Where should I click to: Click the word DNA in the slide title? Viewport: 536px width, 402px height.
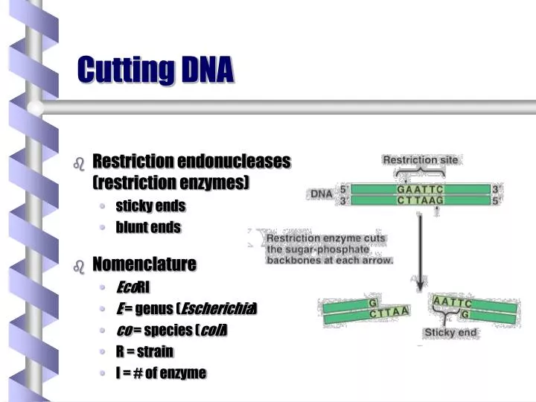click(x=208, y=70)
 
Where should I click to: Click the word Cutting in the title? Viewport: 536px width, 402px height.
click(x=126, y=71)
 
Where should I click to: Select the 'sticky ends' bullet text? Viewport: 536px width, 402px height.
click(x=150, y=206)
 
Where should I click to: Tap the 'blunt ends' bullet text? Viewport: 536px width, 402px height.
click(x=148, y=227)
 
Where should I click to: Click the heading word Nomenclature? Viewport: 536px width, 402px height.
click(x=144, y=264)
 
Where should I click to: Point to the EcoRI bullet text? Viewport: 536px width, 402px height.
click(x=133, y=287)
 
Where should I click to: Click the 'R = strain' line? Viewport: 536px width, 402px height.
click(x=144, y=351)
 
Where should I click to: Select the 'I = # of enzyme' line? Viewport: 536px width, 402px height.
click(x=161, y=373)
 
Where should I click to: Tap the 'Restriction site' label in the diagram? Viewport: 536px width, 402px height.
click(x=421, y=159)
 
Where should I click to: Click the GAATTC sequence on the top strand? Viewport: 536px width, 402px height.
click(x=420, y=189)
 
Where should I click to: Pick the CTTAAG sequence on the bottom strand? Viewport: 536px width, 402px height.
click(x=420, y=200)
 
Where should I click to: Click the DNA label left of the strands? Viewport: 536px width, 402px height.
click(x=322, y=194)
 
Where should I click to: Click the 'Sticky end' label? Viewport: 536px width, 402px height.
click(x=450, y=332)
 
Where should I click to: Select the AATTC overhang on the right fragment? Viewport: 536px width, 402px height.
click(x=452, y=301)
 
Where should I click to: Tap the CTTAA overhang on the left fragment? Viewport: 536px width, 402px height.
click(x=389, y=312)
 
